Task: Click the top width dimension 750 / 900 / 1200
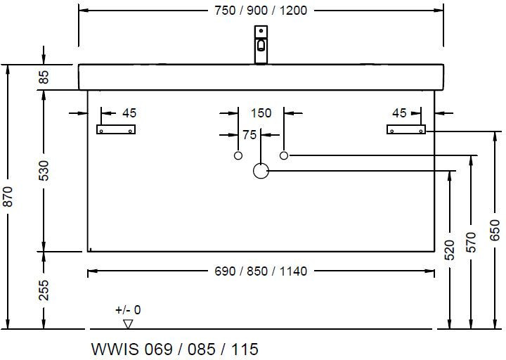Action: (x=260, y=10)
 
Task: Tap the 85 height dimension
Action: (x=44, y=77)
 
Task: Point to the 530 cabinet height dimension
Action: (x=44, y=171)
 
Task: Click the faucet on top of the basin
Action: (x=261, y=44)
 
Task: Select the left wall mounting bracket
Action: (x=115, y=129)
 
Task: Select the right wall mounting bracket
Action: (x=406, y=129)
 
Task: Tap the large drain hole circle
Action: (x=261, y=170)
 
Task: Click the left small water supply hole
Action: (x=238, y=155)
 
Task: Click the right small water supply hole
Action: (x=284, y=155)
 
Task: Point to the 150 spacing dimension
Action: (x=261, y=112)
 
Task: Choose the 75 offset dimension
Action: (x=249, y=135)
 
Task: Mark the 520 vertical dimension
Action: (x=449, y=248)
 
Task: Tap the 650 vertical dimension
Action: (x=495, y=229)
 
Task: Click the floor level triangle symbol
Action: (x=128, y=323)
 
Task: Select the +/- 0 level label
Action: (x=128, y=309)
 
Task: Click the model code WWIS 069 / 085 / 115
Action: (x=175, y=349)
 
